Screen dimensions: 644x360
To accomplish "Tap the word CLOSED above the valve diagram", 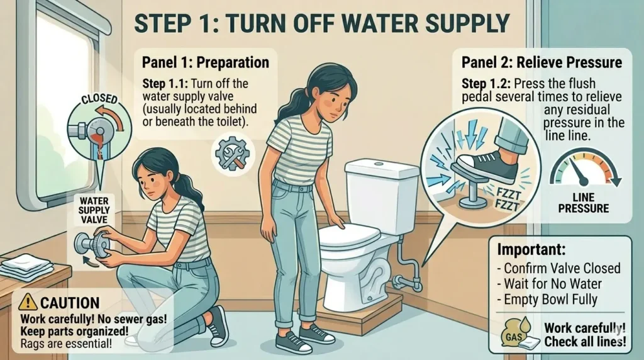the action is pyautogui.click(x=100, y=99).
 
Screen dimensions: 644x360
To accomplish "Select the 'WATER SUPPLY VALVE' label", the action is pyautogui.click(x=94, y=210).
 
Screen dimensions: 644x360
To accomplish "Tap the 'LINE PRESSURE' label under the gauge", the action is pyautogui.click(x=583, y=203).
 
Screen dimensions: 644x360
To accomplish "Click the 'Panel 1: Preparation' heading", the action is pyautogui.click(x=206, y=62).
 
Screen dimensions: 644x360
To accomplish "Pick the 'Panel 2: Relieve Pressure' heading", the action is pyautogui.click(x=541, y=62).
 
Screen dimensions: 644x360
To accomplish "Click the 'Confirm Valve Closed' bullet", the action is pyautogui.click(x=558, y=268).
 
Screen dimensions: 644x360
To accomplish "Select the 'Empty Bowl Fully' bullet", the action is pyautogui.click(x=547, y=299).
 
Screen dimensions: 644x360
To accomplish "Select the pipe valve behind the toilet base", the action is pyautogui.click(x=404, y=282).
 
